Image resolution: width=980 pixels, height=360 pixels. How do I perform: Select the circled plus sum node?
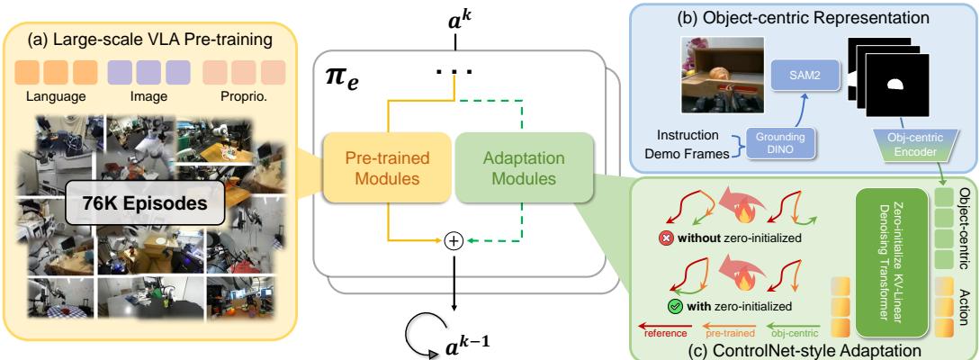point(455,241)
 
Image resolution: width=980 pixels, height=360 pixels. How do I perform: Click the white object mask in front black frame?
point(893,85)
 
